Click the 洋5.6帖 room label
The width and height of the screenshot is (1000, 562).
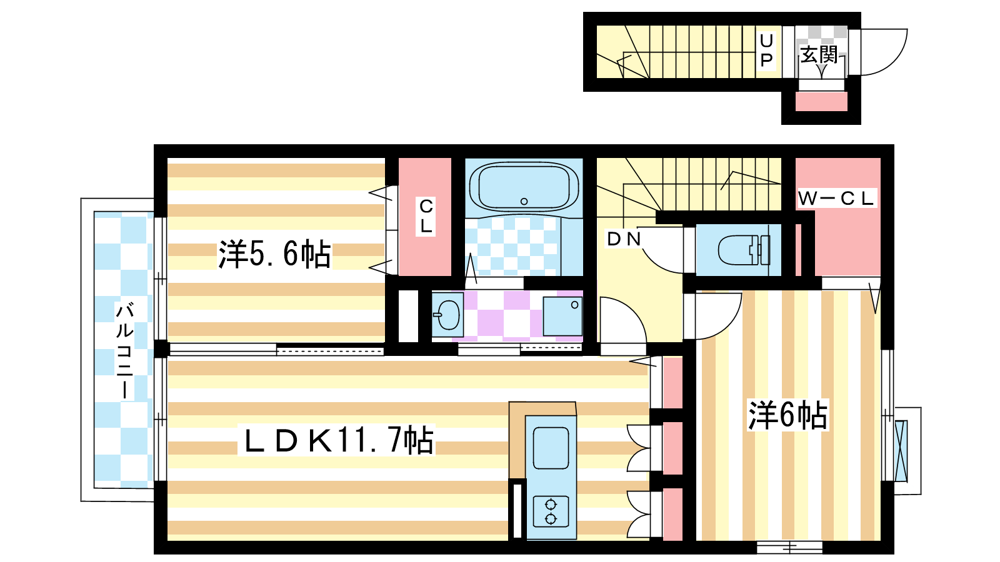[x=274, y=254]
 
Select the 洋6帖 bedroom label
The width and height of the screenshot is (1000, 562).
[x=787, y=415]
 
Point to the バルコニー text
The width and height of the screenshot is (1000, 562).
[x=124, y=350]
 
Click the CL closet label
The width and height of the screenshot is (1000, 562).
[x=426, y=216]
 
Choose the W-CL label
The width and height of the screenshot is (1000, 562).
[x=836, y=199]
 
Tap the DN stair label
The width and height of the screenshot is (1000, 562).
[x=624, y=239]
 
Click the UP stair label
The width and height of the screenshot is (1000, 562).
[x=766, y=50]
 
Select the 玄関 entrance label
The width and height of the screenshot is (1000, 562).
[x=819, y=55]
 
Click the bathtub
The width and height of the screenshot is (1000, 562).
[x=524, y=186]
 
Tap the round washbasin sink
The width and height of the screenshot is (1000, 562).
[x=447, y=314]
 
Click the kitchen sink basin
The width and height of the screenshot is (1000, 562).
[x=551, y=448]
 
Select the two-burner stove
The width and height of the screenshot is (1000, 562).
[x=551, y=511]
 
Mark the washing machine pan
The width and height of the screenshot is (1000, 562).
[x=562, y=316]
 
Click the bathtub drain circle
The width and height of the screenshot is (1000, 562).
[x=524, y=201]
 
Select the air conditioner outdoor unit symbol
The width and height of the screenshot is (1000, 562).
[x=901, y=451]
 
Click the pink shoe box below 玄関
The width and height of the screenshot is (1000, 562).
[x=821, y=102]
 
